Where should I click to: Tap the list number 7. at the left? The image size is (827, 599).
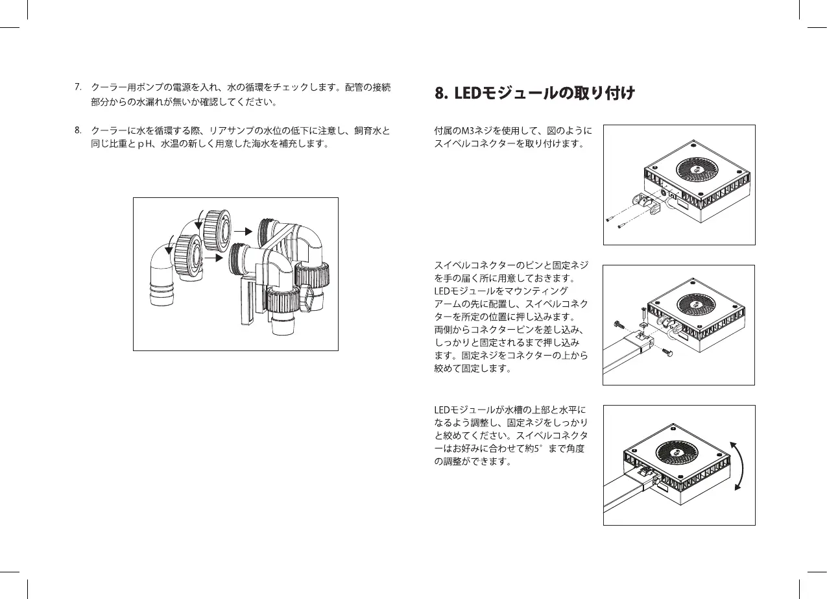[77, 86]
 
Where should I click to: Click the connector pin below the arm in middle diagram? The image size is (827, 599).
[668, 351]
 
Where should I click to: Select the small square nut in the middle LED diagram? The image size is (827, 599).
[641, 324]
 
